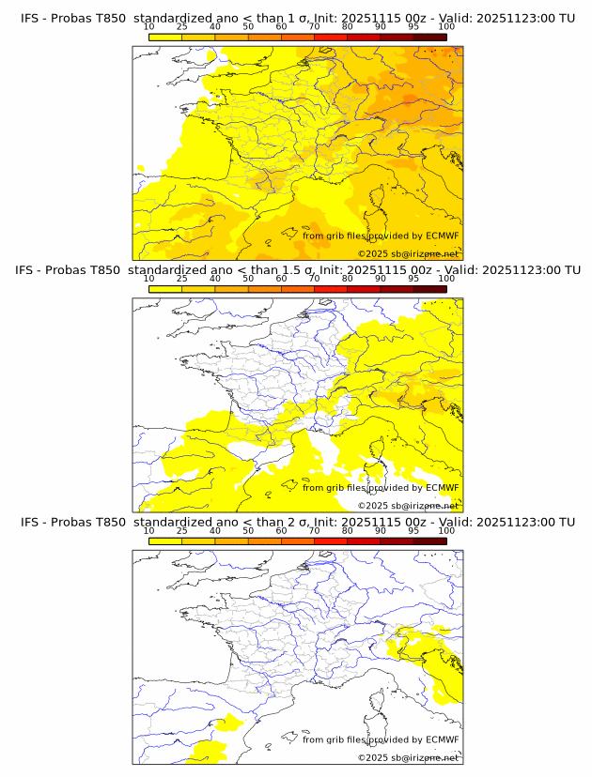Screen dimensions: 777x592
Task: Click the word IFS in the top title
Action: [x=30, y=18]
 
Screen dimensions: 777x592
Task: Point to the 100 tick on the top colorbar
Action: [x=446, y=27]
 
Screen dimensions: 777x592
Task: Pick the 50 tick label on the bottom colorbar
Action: [x=248, y=531]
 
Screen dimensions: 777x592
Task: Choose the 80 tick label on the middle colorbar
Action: [x=348, y=279]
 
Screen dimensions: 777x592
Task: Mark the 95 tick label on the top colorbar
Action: [x=413, y=27]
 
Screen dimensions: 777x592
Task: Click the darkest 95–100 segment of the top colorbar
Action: [x=429, y=38]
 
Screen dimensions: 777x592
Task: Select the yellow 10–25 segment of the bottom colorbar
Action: [x=164, y=541]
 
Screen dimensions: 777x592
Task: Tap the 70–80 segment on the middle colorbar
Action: [x=330, y=289]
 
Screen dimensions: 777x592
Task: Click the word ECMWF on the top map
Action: [x=442, y=236]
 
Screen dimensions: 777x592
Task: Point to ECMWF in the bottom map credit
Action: [x=442, y=739]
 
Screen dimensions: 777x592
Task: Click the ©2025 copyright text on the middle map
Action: [x=373, y=506]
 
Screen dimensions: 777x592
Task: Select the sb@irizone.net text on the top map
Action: [x=426, y=254]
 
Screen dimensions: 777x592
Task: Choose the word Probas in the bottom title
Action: [x=70, y=522]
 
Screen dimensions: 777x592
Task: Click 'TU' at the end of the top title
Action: [x=567, y=18]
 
